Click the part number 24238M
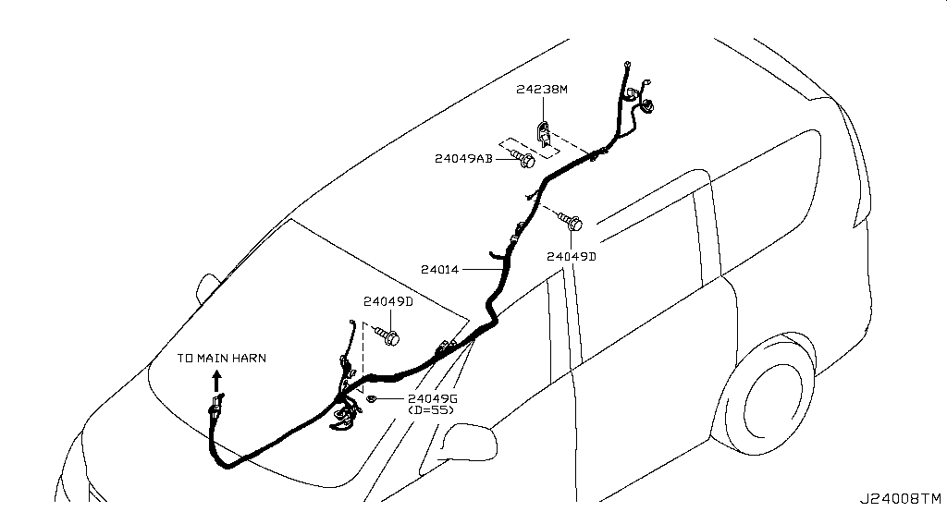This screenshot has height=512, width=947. (542, 90)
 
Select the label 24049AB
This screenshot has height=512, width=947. (463, 159)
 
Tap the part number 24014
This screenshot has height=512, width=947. (439, 269)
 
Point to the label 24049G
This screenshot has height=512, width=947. (433, 398)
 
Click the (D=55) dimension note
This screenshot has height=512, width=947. (431, 410)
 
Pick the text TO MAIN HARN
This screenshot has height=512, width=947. (222, 358)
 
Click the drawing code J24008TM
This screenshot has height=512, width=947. (901, 499)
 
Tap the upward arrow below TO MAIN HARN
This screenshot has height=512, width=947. (216, 382)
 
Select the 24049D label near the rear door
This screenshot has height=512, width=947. (572, 257)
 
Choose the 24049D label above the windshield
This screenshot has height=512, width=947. (387, 301)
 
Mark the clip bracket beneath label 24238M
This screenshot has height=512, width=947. (544, 133)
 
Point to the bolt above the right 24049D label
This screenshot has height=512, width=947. (570, 222)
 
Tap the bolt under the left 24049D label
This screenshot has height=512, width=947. (387, 336)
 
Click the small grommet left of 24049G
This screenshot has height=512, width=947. (371, 398)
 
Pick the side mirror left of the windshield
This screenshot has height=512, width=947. (207, 288)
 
